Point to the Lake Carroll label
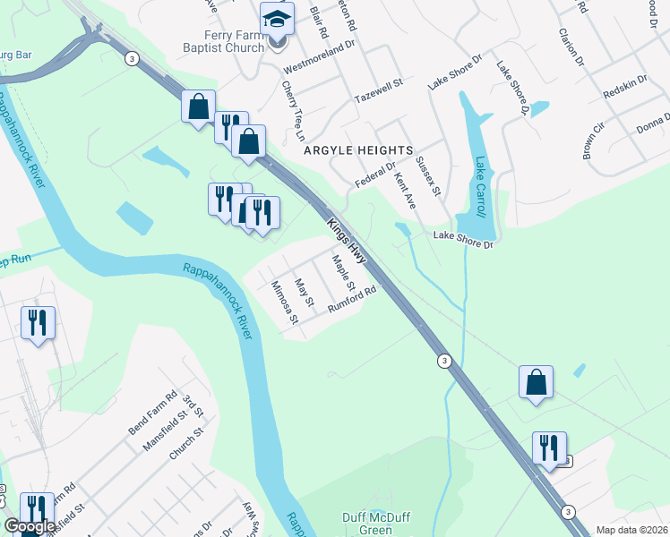(483, 179)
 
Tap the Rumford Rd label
(350, 298)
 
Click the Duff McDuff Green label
(367, 524)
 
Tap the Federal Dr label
(374, 173)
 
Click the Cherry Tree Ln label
(293, 112)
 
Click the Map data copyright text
(632, 530)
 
